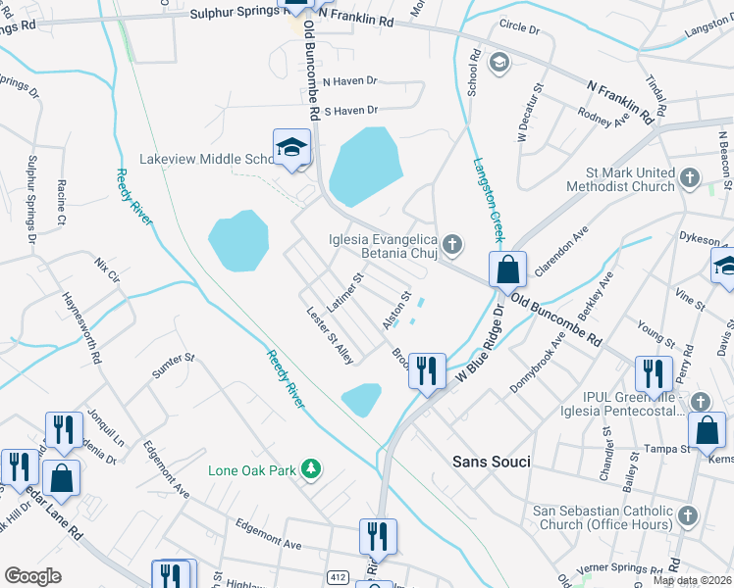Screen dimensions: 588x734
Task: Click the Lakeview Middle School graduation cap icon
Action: (x=290, y=148)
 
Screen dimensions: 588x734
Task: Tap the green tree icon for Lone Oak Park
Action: (x=311, y=469)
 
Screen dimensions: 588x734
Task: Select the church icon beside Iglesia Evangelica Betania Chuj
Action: (x=451, y=242)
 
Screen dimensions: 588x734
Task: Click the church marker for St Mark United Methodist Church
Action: (x=690, y=177)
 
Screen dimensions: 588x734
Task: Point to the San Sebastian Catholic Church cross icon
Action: (x=687, y=514)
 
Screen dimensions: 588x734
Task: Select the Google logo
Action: (x=32, y=576)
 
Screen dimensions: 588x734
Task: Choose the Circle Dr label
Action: (x=519, y=29)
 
